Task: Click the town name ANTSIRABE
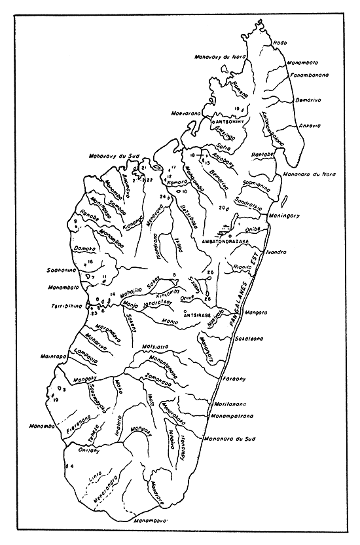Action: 200,314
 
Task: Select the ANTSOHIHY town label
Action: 230,122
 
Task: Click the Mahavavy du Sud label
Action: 111,156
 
